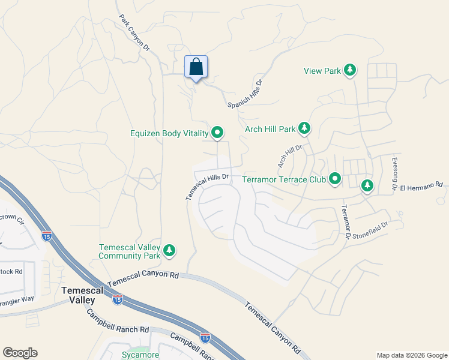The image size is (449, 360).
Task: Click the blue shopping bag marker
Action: [x=196, y=67]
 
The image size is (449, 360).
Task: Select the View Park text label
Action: [x=322, y=71]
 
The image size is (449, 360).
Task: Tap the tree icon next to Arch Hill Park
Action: [x=305, y=128]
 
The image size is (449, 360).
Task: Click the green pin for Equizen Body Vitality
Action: [x=217, y=133]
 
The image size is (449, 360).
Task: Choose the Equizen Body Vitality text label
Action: [x=169, y=133]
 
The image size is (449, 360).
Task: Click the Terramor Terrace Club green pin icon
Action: [x=335, y=179]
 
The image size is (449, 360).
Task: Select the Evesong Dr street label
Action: [x=394, y=174]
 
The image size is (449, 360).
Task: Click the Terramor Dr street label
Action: [x=345, y=221]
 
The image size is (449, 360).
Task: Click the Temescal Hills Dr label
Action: [x=208, y=186]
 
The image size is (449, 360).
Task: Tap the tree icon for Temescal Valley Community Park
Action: [x=170, y=251]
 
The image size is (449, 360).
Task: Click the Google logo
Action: [x=20, y=353]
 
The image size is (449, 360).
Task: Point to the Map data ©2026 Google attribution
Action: [x=411, y=355]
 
